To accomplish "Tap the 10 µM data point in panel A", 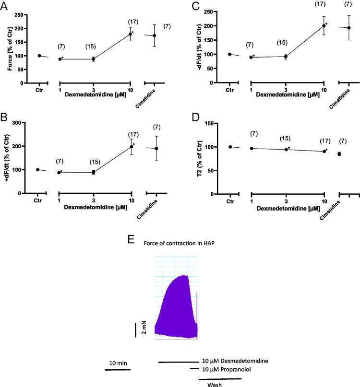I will pos(130,34).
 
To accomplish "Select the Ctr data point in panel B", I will pos(38,169).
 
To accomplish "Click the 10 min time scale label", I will pos(117,363).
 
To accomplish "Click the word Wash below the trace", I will pos(215,384).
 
